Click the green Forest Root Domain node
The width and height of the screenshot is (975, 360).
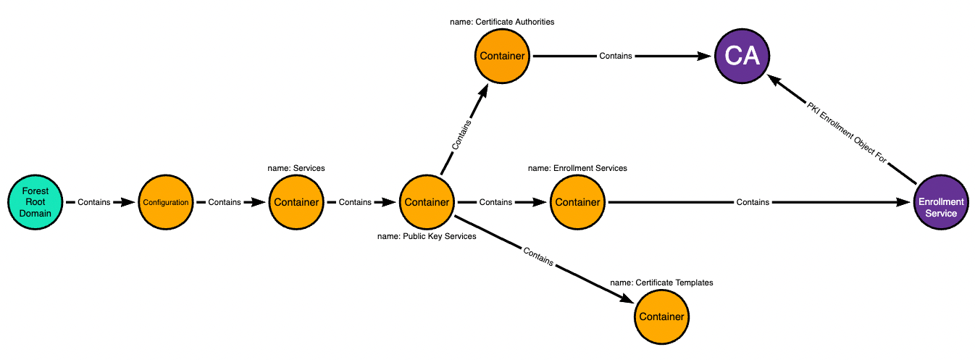(35, 202)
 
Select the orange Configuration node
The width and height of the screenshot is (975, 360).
(165, 202)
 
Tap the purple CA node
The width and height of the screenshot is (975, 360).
(742, 56)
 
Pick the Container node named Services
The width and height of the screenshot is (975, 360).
(296, 202)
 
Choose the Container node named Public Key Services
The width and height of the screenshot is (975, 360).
(427, 202)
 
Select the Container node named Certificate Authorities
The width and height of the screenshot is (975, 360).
(503, 56)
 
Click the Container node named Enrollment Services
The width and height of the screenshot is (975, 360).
(577, 202)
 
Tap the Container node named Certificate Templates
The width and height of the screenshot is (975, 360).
(661, 317)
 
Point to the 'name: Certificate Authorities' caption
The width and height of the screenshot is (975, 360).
(503, 22)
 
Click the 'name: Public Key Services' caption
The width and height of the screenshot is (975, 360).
(427, 236)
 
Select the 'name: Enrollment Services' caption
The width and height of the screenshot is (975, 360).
(577, 168)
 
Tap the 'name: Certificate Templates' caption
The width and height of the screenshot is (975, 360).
(661, 282)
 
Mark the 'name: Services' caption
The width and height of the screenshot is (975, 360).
(296, 168)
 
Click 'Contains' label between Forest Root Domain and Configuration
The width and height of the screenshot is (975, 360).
(93, 202)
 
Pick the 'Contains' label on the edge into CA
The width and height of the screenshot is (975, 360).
(615, 56)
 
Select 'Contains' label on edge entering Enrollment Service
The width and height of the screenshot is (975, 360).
(753, 202)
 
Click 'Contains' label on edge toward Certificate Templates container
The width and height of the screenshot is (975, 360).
(537, 258)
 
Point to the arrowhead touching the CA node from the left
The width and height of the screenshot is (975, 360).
(706, 56)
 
